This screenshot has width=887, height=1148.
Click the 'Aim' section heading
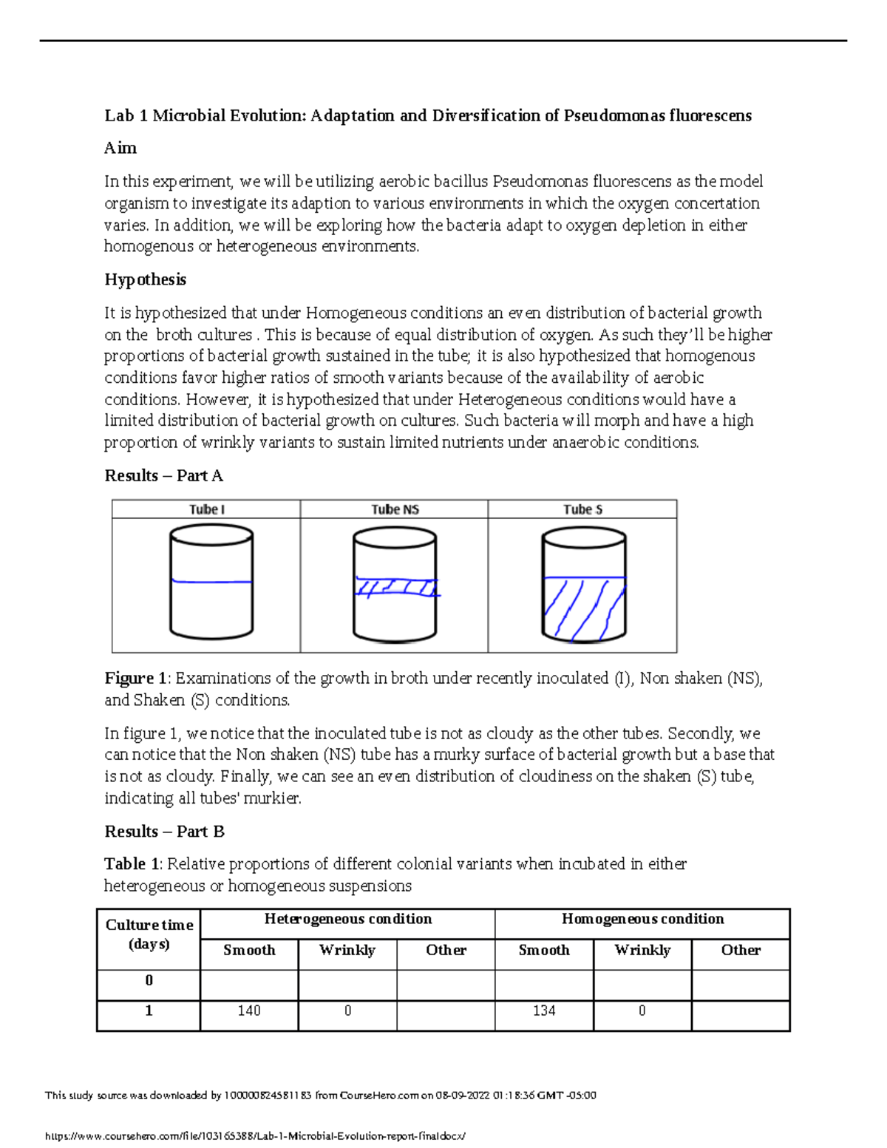120,148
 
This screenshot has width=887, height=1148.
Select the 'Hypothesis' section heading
145,279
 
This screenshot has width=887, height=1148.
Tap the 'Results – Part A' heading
163,475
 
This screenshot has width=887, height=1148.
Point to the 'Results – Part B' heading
164,832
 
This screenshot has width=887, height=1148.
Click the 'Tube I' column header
206,509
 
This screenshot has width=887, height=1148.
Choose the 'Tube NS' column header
395,509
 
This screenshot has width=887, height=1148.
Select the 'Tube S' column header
582,509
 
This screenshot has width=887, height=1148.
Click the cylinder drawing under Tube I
211,582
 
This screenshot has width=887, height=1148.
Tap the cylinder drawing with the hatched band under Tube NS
395,585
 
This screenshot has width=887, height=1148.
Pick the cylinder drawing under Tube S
583,585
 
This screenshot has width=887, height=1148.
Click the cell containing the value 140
249,1011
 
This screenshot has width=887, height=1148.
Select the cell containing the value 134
544,1011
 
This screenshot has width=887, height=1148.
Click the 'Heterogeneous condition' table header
347,919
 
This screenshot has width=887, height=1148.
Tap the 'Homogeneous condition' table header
642,919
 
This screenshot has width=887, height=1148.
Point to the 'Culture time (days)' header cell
149,934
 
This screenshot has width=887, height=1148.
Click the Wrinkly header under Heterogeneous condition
347,950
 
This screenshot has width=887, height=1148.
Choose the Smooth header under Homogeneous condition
544,950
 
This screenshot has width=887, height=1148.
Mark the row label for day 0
149,980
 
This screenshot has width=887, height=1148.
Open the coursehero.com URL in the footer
256,1136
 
